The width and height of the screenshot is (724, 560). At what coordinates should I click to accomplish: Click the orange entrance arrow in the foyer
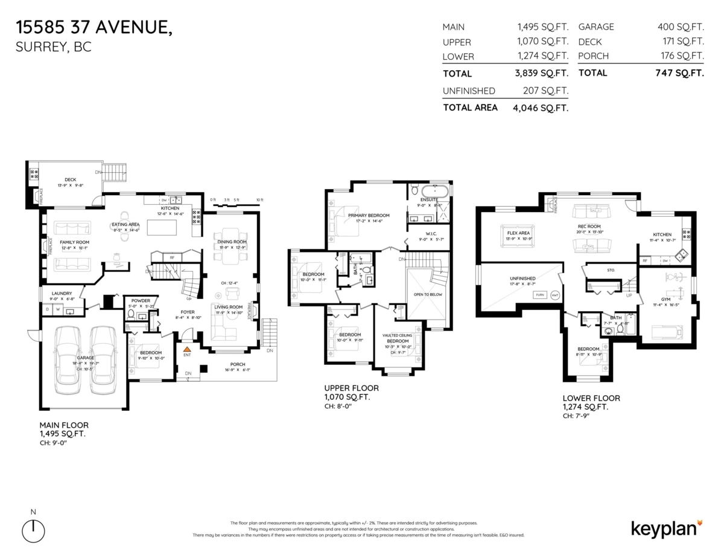point(187,349)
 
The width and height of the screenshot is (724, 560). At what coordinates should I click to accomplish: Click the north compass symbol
point(34,530)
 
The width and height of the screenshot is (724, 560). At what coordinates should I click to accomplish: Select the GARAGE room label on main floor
point(86,357)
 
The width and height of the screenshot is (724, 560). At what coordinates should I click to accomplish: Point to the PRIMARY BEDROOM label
point(369,215)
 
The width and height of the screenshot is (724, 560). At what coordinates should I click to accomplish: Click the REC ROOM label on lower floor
point(589,227)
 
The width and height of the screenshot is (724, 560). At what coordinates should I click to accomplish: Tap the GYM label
point(665,298)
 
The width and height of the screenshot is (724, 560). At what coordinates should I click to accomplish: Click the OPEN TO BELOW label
point(429,294)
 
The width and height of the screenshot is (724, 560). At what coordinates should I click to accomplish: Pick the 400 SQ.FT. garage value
point(681,27)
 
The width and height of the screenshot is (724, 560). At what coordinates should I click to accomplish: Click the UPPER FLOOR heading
point(347,388)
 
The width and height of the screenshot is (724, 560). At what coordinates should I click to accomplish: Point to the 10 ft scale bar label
point(259,199)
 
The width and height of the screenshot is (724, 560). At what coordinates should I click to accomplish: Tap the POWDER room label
point(140,300)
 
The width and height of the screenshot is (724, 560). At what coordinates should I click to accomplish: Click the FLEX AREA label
point(518,232)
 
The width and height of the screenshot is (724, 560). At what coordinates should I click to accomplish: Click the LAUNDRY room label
point(62,293)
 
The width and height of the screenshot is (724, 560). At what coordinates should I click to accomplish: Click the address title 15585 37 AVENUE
point(94,27)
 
